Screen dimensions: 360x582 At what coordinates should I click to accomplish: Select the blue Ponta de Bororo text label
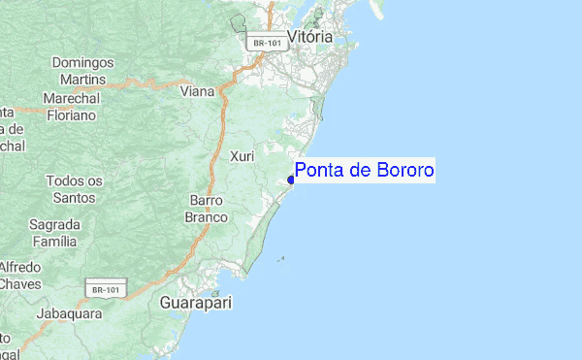(364, 172)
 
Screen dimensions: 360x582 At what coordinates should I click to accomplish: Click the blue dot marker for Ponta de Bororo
(291, 180)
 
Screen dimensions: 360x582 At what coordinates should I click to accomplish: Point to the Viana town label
(199, 92)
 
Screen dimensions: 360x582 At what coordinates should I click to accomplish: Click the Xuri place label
(242, 156)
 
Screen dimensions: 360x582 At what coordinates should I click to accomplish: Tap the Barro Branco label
(207, 209)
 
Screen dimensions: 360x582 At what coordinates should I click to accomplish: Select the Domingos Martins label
(82, 70)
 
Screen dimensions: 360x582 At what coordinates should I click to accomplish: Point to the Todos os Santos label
(74, 189)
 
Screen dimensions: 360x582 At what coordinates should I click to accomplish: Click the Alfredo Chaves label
(20, 275)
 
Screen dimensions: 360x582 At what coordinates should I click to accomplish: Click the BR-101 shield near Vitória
(264, 43)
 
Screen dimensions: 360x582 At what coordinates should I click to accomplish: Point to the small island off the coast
(281, 259)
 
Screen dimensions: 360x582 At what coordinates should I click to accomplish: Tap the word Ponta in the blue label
(315, 172)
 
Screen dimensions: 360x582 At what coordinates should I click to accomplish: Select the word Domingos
(82, 62)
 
